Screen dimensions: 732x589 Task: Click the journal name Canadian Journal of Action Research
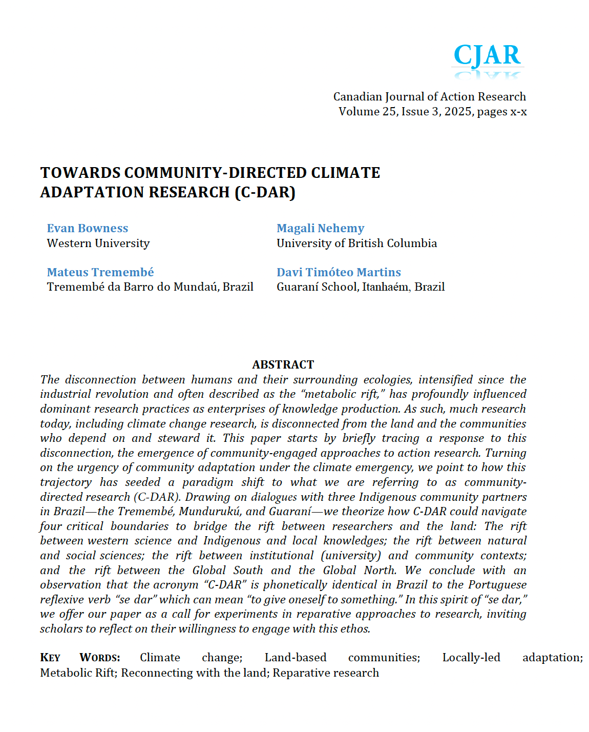tap(429, 97)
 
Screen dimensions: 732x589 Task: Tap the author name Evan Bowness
tap(88, 229)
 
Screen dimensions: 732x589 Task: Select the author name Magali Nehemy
tap(320, 229)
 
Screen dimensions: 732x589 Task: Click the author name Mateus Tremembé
tap(100, 272)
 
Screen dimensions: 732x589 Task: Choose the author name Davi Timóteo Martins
tap(339, 272)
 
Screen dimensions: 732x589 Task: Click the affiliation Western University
tap(98, 243)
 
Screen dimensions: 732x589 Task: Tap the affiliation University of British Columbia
tap(356, 243)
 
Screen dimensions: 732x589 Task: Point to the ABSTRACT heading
tap(283, 364)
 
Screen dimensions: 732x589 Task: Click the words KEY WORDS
tap(80, 658)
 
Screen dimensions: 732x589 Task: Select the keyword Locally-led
tap(471, 658)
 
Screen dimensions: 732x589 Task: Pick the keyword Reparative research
tap(326, 673)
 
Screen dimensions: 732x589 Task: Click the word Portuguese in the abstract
tap(497, 585)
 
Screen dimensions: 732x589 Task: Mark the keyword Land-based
tap(296, 658)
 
